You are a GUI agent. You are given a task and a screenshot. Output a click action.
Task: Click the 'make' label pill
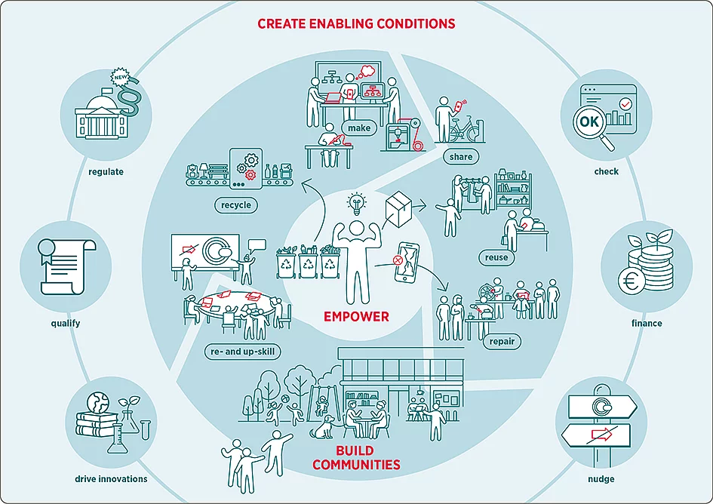click(359, 128)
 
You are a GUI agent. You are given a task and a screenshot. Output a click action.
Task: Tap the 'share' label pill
click(460, 157)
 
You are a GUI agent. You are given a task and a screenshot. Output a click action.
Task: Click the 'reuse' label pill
click(496, 257)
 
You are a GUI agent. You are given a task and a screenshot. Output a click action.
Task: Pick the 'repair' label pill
click(502, 341)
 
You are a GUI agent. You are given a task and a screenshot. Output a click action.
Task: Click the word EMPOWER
click(356, 316)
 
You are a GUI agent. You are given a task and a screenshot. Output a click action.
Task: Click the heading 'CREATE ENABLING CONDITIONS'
click(356, 23)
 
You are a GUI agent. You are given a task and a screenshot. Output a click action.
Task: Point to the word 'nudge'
click(601, 479)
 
